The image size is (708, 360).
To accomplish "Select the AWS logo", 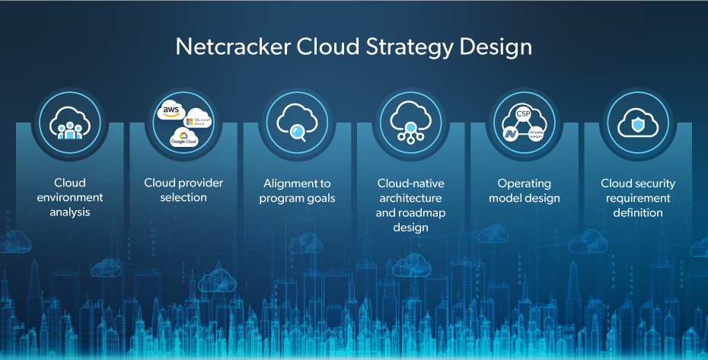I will (168, 111).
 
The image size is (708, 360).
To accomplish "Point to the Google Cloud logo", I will (183, 139).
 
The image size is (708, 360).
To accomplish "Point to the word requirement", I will (638, 198).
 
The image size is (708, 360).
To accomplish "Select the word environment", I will (70, 198).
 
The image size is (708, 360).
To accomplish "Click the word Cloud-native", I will (411, 183).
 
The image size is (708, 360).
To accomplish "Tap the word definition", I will (638, 212).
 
